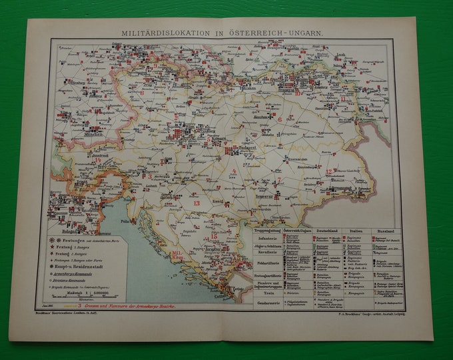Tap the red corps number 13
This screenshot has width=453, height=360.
pos(195,202)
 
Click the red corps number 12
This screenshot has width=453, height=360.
pos(328,171)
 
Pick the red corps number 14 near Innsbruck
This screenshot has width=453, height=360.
pos(97,160)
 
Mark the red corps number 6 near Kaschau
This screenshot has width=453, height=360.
pos(280,119)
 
